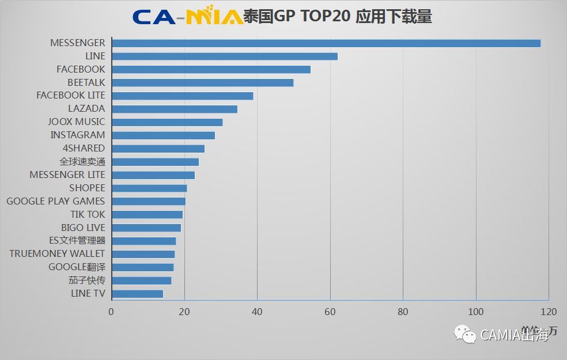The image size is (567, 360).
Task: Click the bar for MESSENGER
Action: pyautogui.click(x=326, y=43)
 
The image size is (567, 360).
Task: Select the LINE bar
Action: pyautogui.click(x=225, y=56)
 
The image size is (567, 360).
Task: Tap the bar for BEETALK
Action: pyautogui.click(x=203, y=82)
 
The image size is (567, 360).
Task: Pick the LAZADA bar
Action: pyautogui.click(x=175, y=109)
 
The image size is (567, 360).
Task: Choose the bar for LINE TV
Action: pyautogui.click(x=138, y=294)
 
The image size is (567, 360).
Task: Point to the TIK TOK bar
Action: pyautogui.click(x=148, y=214)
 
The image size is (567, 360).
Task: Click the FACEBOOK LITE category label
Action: pyautogui.click(x=71, y=95)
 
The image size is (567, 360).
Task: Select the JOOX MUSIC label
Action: pyautogui.click(x=77, y=122)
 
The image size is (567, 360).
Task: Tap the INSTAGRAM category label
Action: pyautogui.click(x=78, y=135)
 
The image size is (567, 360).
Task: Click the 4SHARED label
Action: pyautogui.click(x=84, y=148)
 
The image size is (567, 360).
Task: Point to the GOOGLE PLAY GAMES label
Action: pyautogui.click(x=56, y=201)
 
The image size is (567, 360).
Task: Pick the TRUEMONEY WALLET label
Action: pyautogui.click(x=58, y=253)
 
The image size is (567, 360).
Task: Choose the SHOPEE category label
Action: pyautogui.click(x=87, y=188)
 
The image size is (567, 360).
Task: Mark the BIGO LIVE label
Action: pyautogui.click(x=83, y=228)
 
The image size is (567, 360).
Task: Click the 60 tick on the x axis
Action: pyautogui.click(x=330, y=312)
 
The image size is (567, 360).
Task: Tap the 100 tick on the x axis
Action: pyautogui.click(x=476, y=312)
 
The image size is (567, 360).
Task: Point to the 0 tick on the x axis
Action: pyautogui.click(x=112, y=312)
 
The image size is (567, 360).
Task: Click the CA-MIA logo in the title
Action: pyautogui.click(x=187, y=17)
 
